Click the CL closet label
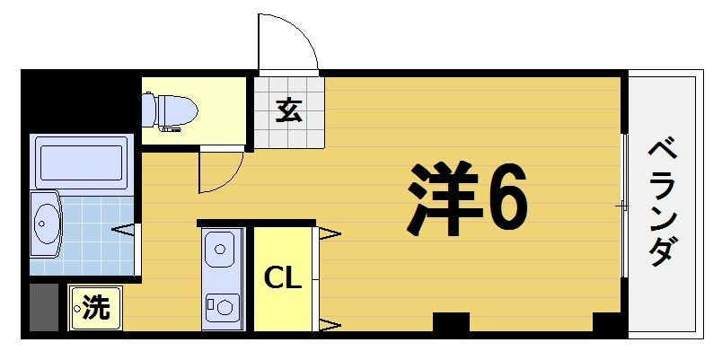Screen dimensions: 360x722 [282, 279]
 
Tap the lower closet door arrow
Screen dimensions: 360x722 [329, 323]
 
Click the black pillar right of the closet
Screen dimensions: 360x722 [451, 322]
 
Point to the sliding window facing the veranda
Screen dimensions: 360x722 [625, 206]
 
